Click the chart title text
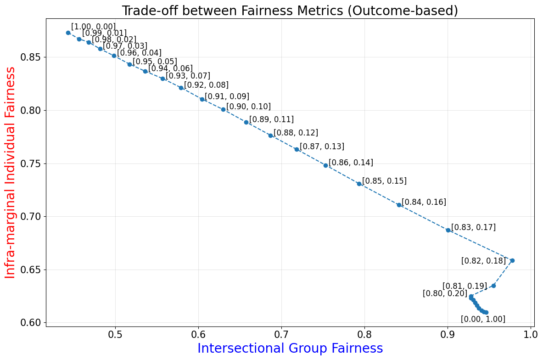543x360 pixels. [290, 11]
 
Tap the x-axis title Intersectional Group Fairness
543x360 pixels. [290, 349]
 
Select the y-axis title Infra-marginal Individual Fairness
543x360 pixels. [10, 172]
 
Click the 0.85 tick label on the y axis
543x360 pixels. [31, 57]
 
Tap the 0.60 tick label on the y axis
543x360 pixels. [31, 323]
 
